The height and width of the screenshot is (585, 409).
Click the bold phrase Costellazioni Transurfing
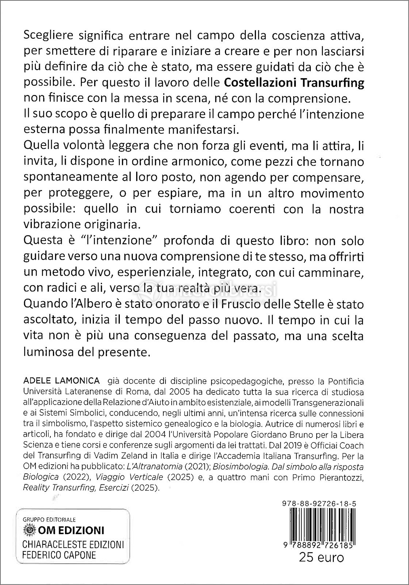coord(294,83)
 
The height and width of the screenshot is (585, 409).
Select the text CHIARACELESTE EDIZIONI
coord(73,544)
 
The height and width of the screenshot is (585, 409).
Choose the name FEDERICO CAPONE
coord(59,555)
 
